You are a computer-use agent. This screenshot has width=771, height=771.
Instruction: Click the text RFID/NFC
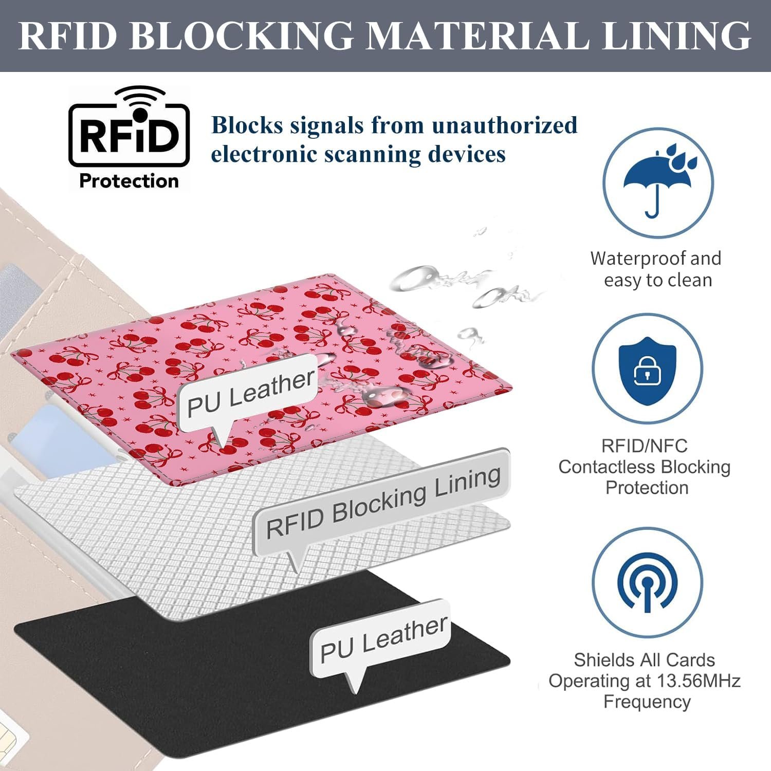pyautogui.click(x=645, y=445)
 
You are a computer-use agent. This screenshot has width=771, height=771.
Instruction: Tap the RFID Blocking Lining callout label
pyautogui.click(x=383, y=502)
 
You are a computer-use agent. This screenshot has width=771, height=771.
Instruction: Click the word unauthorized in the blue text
pyautogui.click(x=504, y=125)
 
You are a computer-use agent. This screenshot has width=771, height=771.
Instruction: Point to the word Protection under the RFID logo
pyautogui.click(x=129, y=181)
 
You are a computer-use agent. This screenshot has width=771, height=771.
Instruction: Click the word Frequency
pyautogui.click(x=647, y=702)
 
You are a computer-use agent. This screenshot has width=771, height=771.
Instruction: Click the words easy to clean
pyautogui.click(x=658, y=281)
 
